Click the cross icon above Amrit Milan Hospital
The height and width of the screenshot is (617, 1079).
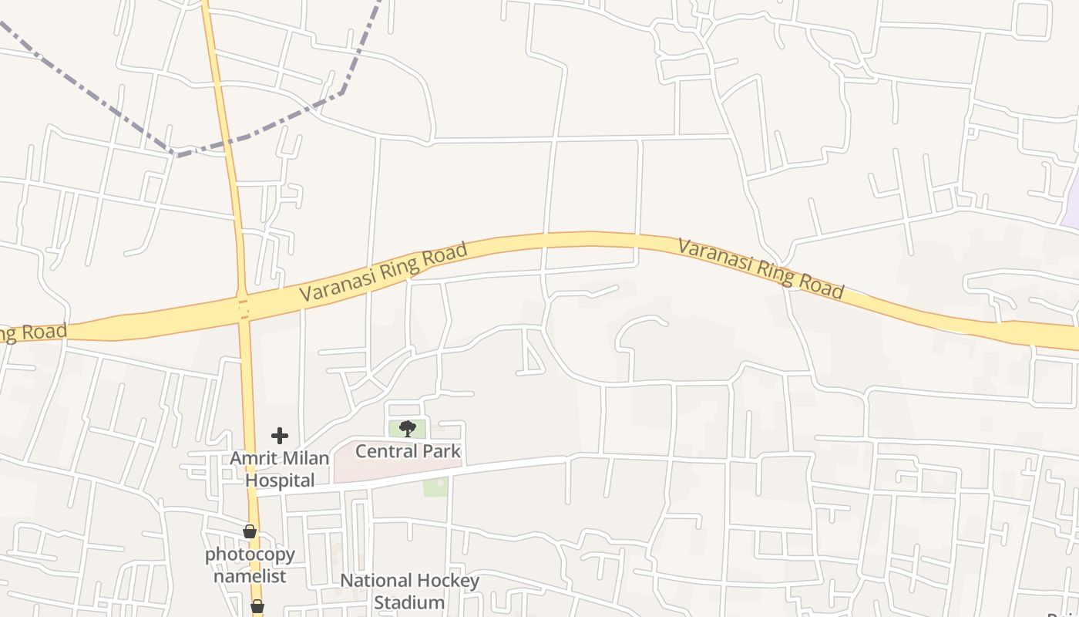pos(280,436)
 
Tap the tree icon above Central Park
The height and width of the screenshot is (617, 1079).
pos(408,428)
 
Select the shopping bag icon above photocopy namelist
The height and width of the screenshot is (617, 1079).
pos(249,531)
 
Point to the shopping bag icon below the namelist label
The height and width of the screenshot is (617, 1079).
pos(257,607)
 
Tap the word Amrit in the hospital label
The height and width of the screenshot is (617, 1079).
pos(252,458)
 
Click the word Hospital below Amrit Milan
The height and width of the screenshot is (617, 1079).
pos(279,480)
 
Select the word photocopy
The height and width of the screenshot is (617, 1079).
pos(250,555)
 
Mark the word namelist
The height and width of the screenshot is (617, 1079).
pos(250,576)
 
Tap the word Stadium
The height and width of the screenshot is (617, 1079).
pos(409,602)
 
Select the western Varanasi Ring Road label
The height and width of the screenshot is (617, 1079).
pos(383,272)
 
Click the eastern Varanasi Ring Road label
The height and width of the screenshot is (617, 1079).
pos(761,268)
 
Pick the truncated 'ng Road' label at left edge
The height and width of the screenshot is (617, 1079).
pos(33,332)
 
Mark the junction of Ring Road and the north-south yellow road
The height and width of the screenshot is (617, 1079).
pos(244,309)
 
